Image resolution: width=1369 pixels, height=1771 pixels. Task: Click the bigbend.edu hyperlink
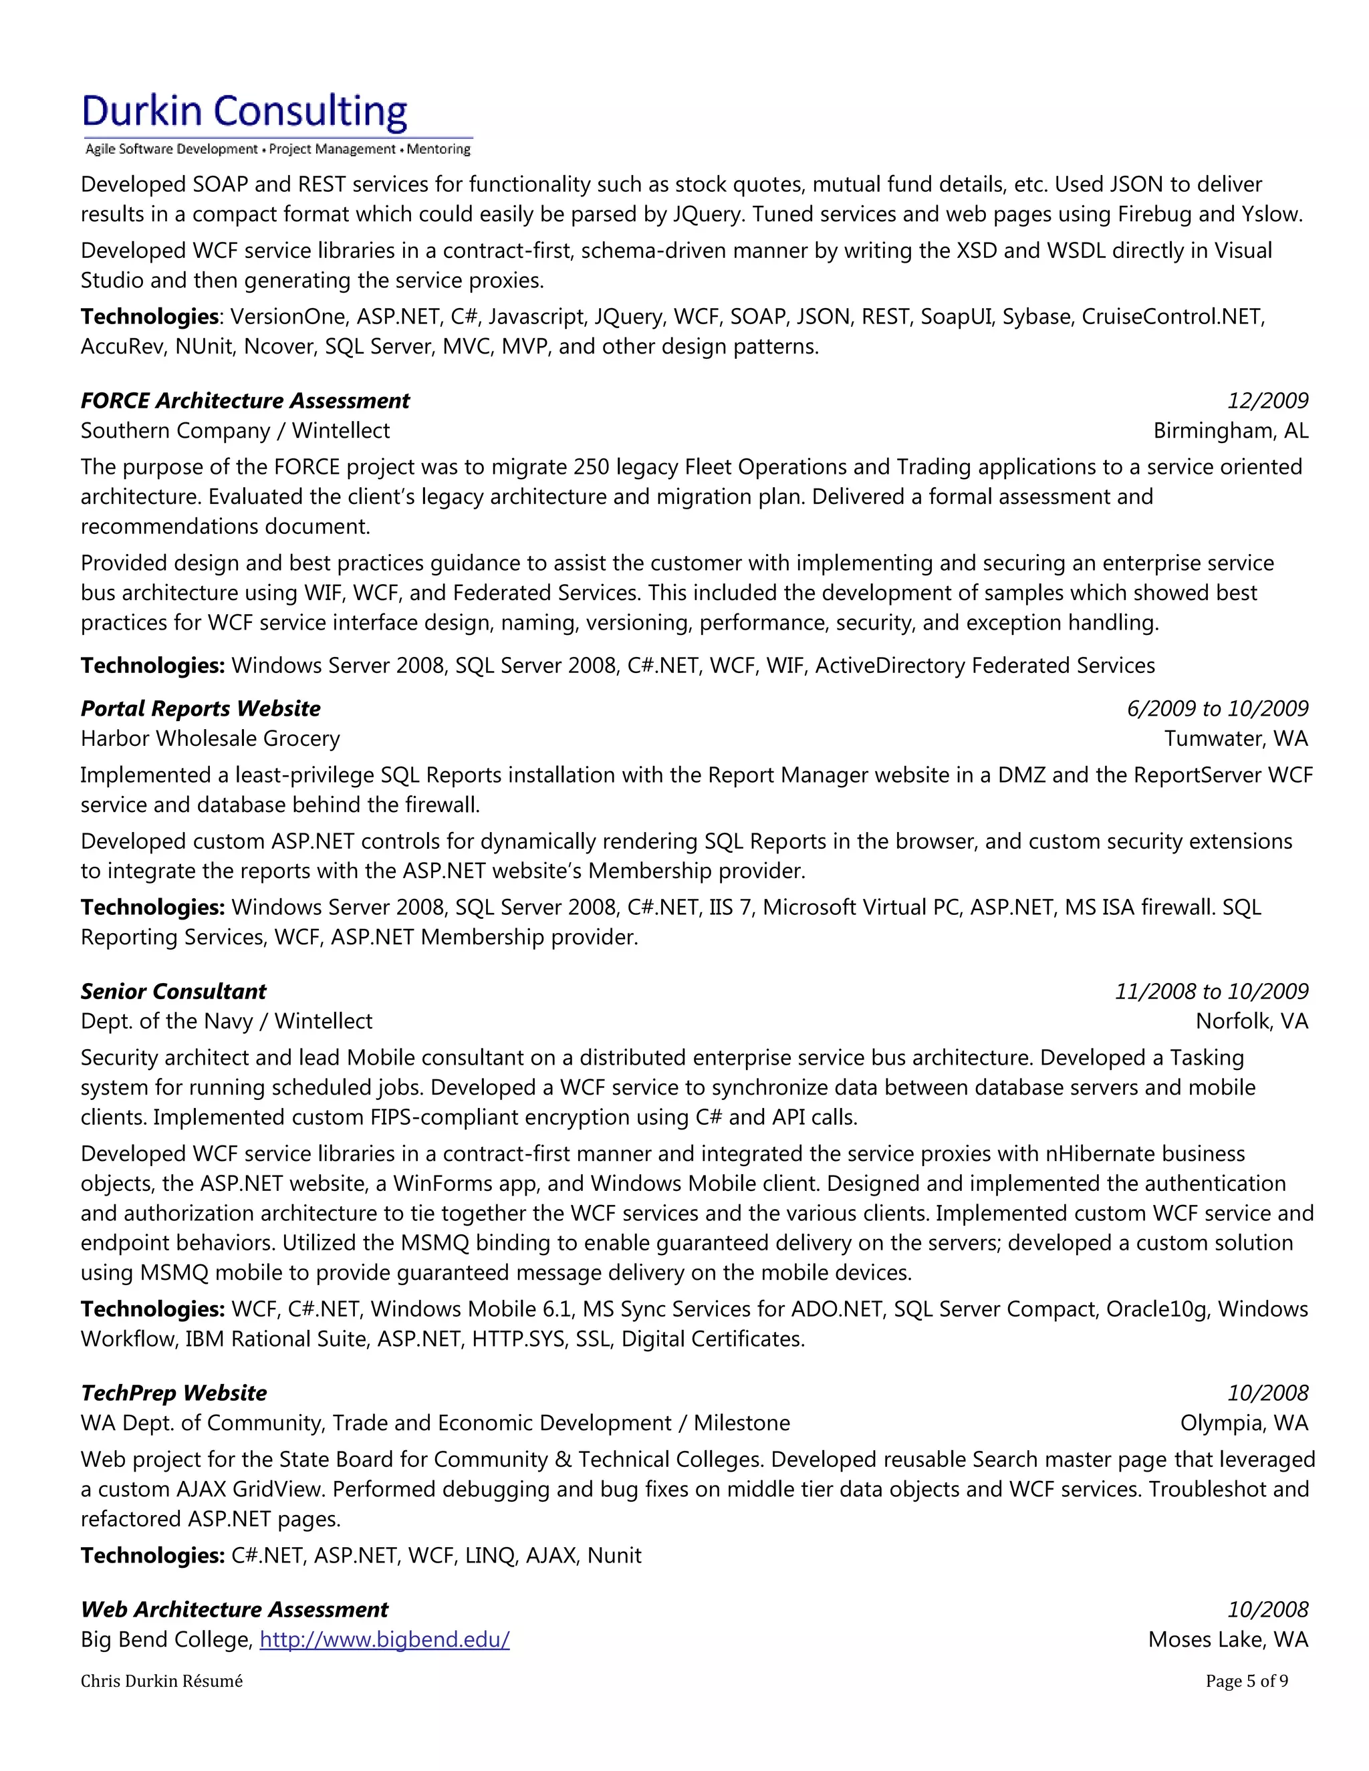(x=384, y=1639)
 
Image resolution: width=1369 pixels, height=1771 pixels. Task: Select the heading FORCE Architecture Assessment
(x=245, y=400)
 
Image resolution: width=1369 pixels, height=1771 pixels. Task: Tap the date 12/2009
(x=1267, y=400)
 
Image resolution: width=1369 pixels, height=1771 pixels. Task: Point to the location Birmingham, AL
(x=1231, y=430)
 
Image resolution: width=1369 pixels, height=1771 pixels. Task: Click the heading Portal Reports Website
(x=201, y=708)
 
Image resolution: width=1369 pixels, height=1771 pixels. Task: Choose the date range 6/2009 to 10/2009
(x=1217, y=708)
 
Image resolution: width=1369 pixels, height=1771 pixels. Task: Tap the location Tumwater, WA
(x=1236, y=738)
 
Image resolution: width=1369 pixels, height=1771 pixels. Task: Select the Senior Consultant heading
(x=174, y=991)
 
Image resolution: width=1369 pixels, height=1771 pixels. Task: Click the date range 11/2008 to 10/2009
(x=1211, y=991)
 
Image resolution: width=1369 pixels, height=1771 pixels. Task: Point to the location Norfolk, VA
(x=1251, y=1021)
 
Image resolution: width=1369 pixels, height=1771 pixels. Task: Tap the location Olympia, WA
(x=1243, y=1422)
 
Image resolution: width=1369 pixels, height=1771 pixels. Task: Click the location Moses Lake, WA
(x=1228, y=1639)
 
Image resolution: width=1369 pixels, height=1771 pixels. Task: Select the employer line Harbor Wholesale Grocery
(x=210, y=738)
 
